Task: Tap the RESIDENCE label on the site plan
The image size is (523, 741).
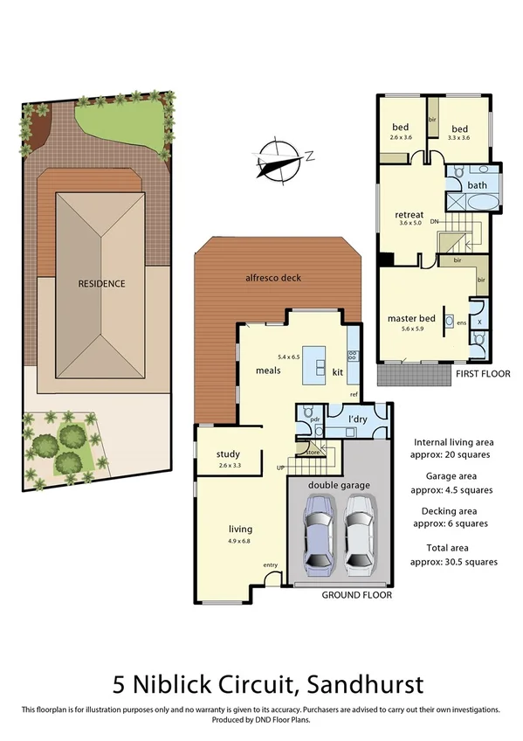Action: [x=101, y=284]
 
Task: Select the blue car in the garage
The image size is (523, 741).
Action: [x=318, y=534]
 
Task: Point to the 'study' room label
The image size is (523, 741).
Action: [x=228, y=454]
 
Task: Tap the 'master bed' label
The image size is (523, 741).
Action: [x=410, y=318]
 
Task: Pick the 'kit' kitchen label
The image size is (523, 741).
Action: [x=338, y=372]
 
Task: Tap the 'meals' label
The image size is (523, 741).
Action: [x=267, y=371]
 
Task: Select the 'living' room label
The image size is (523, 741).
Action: [x=240, y=530]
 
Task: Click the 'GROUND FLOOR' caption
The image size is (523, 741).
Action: [x=357, y=595]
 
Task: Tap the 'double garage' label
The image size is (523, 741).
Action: [x=338, y=485]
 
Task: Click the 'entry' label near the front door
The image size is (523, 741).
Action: [x=270, y=565]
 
